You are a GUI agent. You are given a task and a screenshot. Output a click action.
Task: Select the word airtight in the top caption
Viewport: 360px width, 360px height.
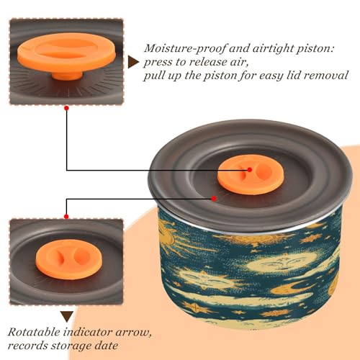click(272, 49)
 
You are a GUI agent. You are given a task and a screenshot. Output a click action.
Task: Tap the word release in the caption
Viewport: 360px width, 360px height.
click(207, 62)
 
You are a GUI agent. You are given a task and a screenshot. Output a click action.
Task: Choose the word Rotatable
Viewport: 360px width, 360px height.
click(34, 333)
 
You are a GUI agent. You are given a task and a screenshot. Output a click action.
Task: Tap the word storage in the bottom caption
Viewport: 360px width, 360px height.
click(71, 346)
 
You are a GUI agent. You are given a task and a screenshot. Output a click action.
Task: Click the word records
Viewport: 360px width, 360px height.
click(27, 346)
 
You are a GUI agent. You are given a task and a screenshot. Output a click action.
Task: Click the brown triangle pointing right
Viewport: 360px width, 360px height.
click(132, 62)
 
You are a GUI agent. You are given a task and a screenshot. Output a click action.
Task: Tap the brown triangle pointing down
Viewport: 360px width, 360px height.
click(67, 317)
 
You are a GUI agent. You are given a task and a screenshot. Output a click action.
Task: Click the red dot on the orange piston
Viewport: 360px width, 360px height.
click(250, 170)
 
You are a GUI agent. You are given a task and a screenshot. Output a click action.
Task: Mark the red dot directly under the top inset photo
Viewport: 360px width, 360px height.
click(67, 108)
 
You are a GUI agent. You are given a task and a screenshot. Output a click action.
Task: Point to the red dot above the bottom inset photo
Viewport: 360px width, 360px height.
click(66, 217)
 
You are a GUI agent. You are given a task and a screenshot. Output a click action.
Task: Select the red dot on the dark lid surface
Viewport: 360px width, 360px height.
click(214, 199)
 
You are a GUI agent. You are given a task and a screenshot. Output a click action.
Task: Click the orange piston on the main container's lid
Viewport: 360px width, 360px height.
click(251, 175)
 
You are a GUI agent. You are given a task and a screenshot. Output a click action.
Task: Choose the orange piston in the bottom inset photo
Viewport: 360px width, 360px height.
click(69, 259)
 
